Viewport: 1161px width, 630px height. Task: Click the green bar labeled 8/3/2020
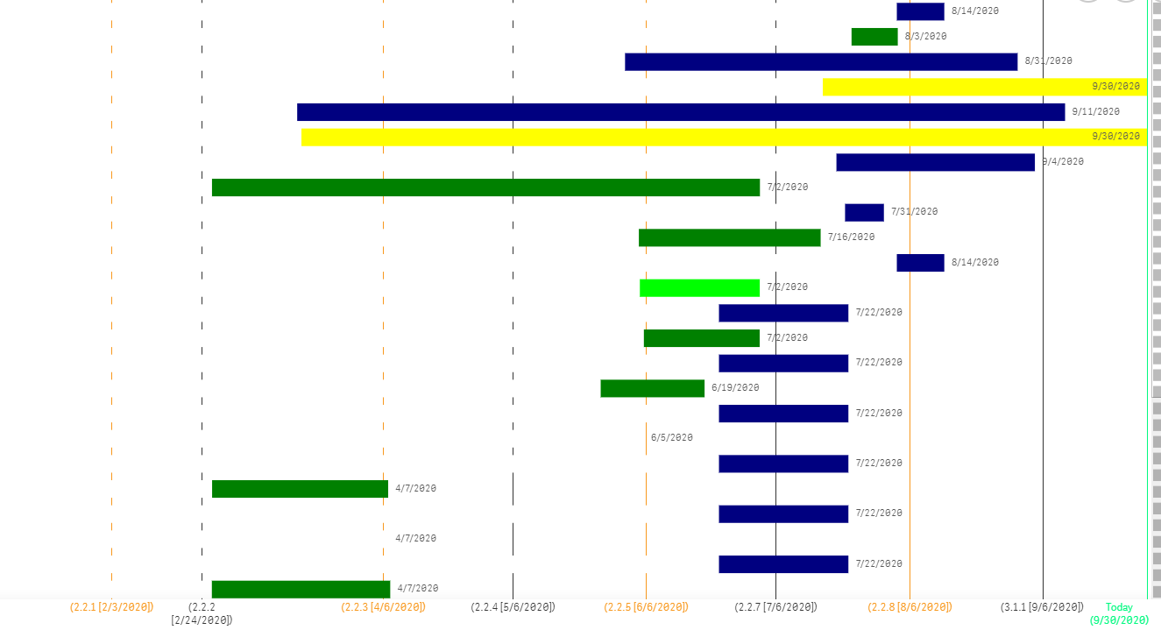click(x=874, y=37)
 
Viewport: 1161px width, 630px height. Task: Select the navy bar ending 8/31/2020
click(x=821, y=61)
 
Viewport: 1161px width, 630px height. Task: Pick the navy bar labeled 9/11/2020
click(x=681, y=112)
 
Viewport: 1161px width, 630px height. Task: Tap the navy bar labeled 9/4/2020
click(x=935, y=162)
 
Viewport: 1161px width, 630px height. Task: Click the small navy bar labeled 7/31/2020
click(x=864, y=212)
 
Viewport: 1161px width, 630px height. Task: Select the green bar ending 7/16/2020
click(x=729, y=237)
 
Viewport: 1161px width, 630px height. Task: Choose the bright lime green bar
click(x=699, y=287)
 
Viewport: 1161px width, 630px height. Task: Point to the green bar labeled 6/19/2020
click(x=652, y=388)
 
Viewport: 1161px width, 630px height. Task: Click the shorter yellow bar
click(x=984, y=87)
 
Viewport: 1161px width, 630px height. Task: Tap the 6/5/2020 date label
click(x=671, y=437)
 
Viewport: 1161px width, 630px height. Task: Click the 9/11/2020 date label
click(x=1095, y=111)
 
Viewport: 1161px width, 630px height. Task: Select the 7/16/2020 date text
click(x=851, y=237)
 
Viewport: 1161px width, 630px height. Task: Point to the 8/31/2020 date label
click(x=1048, y=61)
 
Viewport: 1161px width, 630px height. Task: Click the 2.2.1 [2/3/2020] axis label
click(x=111, y=607)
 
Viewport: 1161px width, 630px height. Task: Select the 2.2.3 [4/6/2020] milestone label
click(x=383, y=607)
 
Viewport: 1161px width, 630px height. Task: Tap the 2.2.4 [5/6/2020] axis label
click(x=513, y=607)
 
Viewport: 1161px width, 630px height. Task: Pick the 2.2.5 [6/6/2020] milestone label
click(x=646, y=607)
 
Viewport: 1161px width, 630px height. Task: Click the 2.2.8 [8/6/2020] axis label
click(x=910, y=607)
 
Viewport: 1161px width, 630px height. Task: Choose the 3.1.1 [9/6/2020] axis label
click(x=1042, y=607)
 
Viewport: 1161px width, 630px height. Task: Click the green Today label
click(x=1119, y=607)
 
